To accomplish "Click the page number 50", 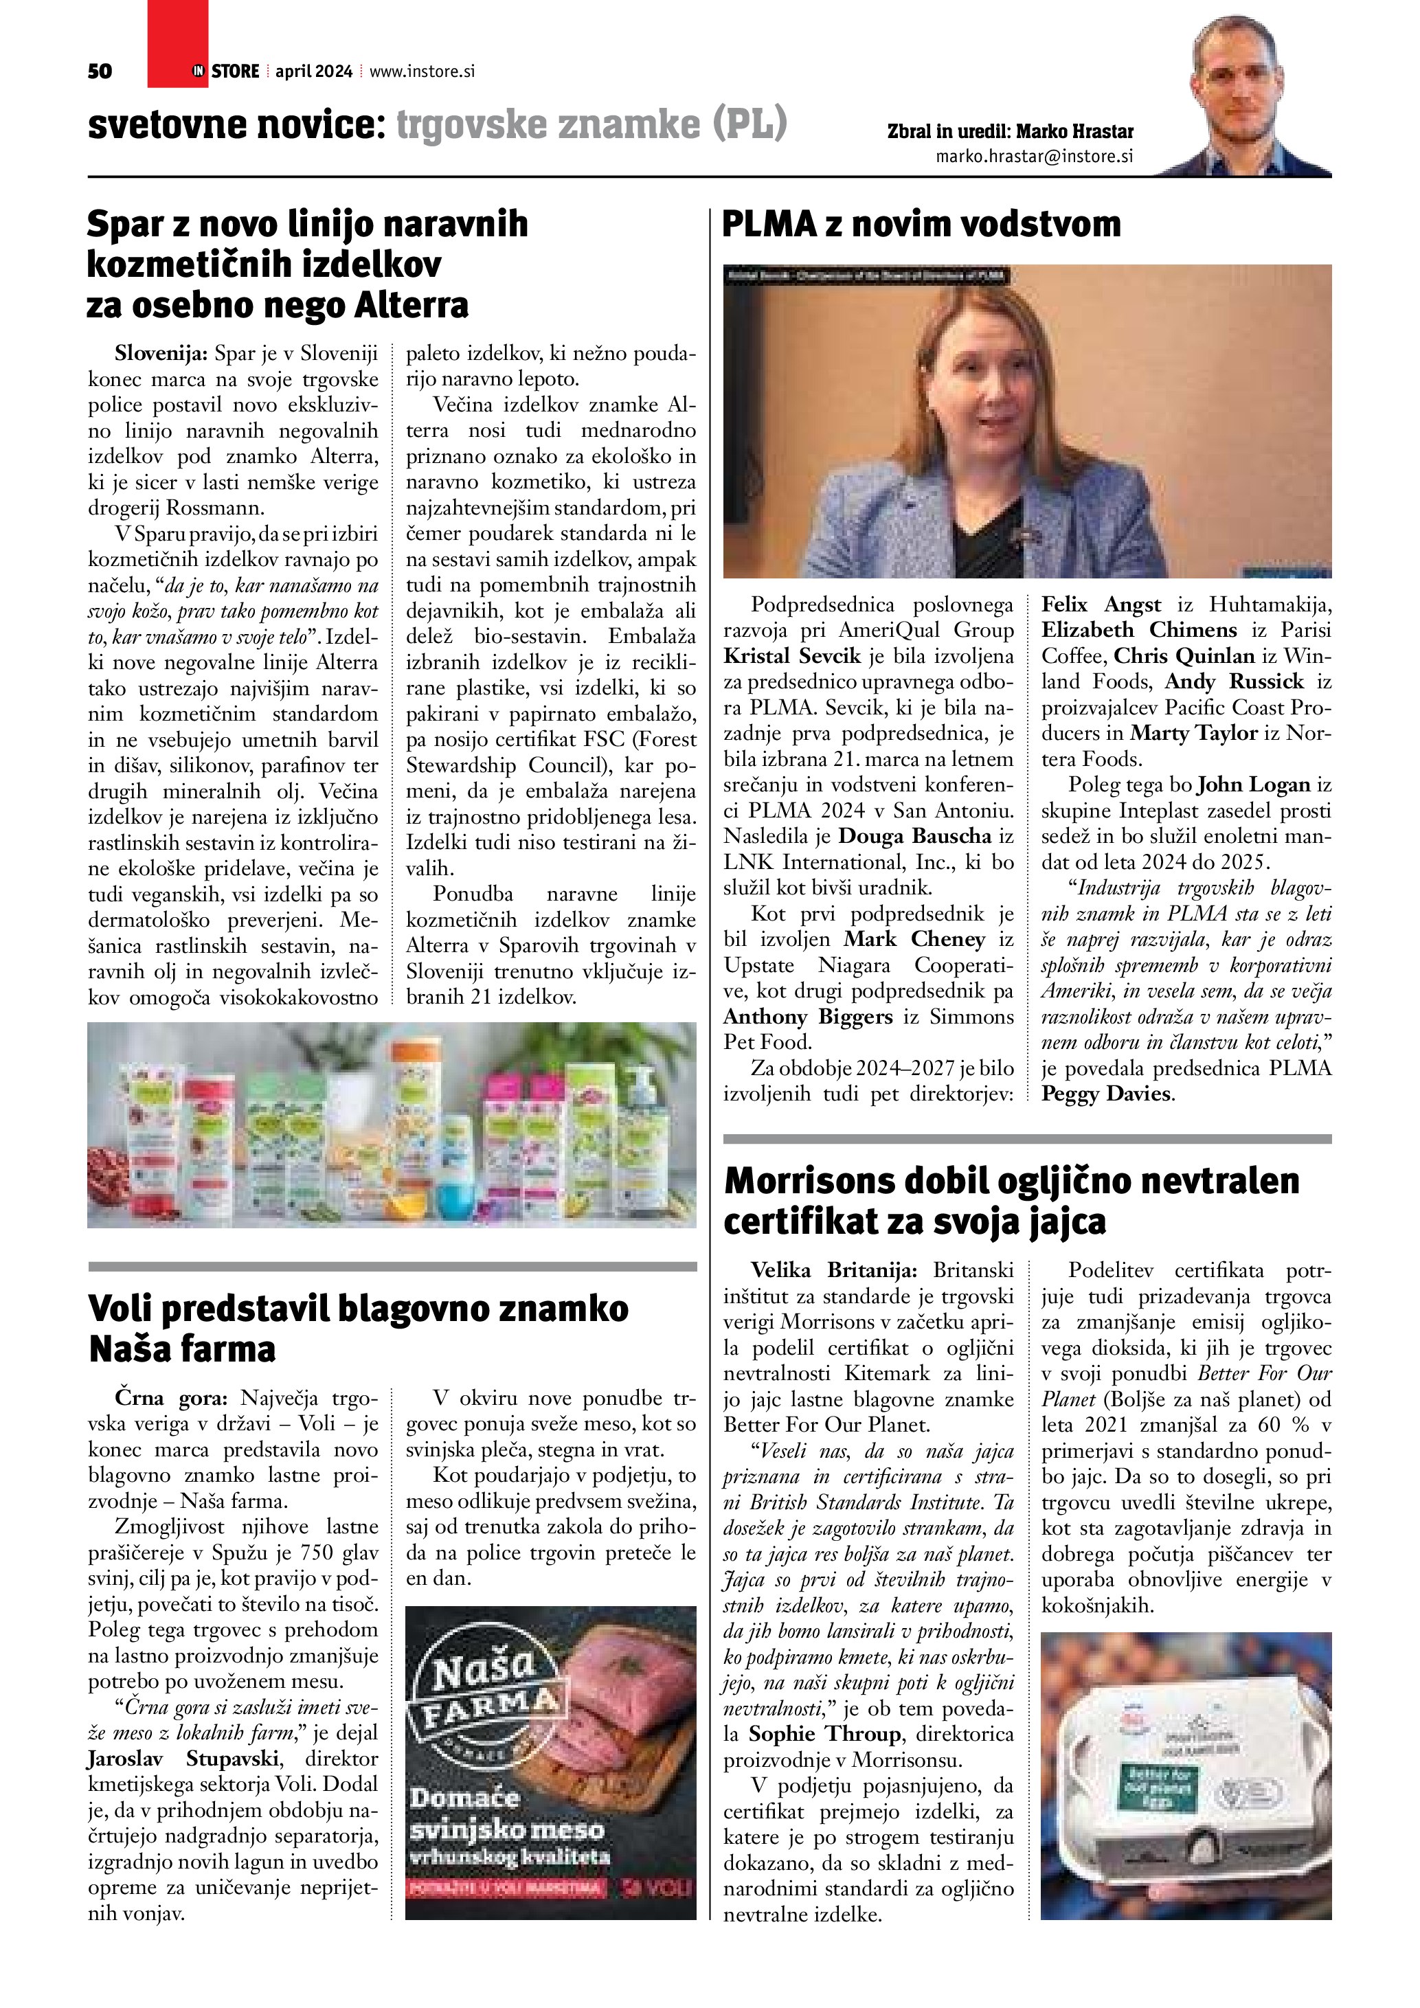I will (100, 71).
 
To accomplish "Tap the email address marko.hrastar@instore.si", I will (1035, 157).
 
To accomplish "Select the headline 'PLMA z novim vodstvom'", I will (921, 224).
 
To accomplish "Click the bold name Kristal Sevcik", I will (792, 656).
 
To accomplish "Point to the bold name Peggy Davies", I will (1105, 1094).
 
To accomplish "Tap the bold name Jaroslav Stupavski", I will (183, 1759).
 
